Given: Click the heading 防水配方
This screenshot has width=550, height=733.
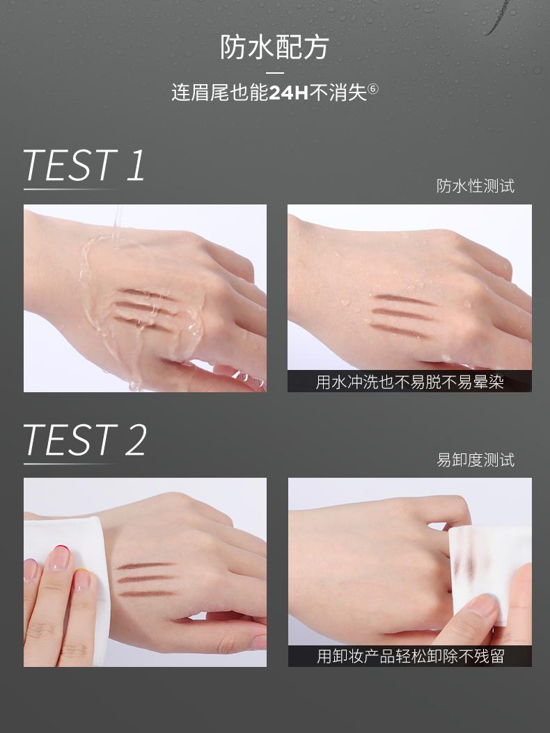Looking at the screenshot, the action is tap(274, 47).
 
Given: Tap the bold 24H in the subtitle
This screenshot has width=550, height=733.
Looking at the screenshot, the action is tap(289, 92).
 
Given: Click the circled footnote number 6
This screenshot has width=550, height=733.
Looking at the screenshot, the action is tap(373, 88).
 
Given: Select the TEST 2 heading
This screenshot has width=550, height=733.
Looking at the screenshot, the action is tap(85, 440).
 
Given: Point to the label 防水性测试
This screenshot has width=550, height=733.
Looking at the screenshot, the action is tap(475, 186).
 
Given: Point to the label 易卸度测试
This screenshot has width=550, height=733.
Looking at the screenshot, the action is tap(475, 460).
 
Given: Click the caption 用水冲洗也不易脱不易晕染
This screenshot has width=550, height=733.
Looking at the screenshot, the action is tap(409, 382).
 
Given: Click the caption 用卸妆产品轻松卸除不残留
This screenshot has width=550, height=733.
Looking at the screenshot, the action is tap(411, 657).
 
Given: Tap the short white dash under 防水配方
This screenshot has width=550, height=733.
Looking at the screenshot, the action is tap(275, 73).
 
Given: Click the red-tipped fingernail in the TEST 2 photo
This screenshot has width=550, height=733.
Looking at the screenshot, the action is tap(59, 557).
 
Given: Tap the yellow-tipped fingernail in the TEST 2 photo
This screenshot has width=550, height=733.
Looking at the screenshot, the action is tap(81, 580).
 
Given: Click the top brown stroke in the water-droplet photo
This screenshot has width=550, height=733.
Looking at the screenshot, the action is tap(405, 300).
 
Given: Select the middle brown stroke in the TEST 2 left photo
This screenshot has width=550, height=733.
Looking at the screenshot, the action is tap(146, 579).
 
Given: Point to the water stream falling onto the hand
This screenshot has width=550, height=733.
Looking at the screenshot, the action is tap(117, 223).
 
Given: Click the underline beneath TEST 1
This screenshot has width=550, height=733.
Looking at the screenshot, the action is tap(70, 189).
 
